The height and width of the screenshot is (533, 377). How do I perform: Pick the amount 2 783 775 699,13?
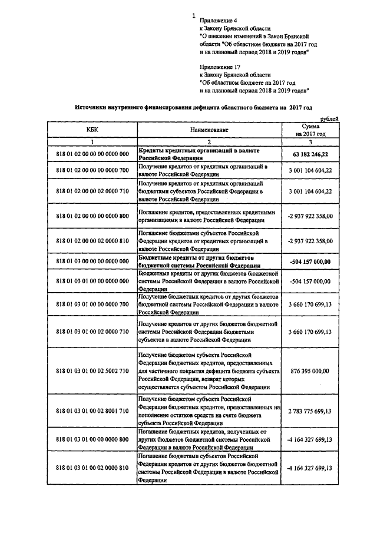310,411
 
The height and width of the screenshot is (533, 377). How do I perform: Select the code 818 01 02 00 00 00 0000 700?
92,170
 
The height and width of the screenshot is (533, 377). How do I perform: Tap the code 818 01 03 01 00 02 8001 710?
92,411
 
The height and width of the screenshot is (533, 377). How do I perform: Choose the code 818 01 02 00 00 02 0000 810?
92,241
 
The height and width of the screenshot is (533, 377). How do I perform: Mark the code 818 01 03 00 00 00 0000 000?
92,261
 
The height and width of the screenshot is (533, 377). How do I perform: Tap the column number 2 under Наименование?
209,142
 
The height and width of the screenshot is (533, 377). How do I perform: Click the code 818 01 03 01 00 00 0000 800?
92,439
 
